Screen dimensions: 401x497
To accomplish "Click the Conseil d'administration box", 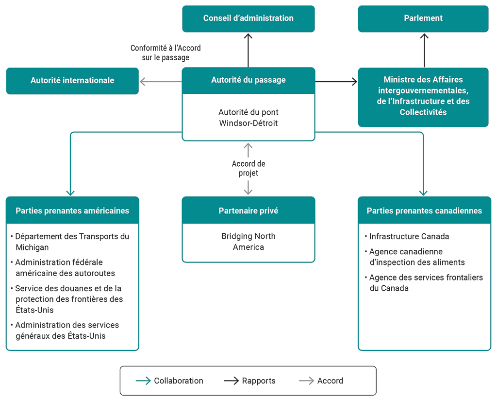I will tap(248, 18).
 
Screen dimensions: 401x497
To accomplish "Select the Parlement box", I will tap(423, 18).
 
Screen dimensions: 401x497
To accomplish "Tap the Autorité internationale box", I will tap(72, 81).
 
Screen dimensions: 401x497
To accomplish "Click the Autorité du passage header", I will tap(248, 80).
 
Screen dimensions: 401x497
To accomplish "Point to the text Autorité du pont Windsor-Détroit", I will tap(248, 118).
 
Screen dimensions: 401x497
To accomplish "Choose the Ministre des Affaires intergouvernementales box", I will tap(423, 96).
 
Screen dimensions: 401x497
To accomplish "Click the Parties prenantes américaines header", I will tap(72, 210).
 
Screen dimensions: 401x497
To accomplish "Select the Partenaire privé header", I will tap(248, 210).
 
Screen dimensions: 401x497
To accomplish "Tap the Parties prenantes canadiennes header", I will tap(424, 210).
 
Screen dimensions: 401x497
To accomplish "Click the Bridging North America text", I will tap(248, 242).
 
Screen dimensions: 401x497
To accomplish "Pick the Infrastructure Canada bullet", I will tap(409, 237).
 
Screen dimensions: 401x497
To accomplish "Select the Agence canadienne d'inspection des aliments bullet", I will tap(416, 257).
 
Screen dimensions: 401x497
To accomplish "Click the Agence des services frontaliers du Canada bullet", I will tap(425, 282).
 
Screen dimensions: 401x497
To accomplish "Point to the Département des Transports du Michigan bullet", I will tap(71, 242).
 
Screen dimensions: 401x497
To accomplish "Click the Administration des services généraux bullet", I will tap(66, 330).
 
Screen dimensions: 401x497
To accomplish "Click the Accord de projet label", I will tap(248, 169).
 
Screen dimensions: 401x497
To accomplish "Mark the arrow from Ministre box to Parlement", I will tap(424, 50).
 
